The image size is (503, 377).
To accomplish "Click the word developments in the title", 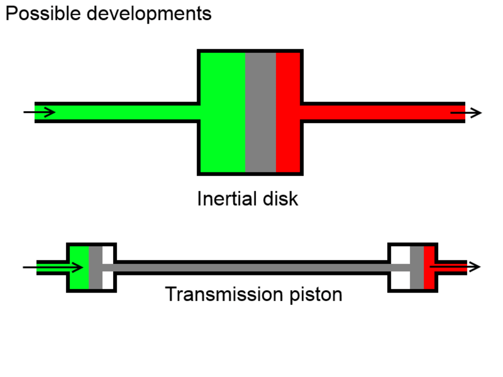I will pos(149,14).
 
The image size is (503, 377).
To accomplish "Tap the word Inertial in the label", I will pos(225,199).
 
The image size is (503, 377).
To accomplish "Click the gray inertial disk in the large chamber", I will pos(261,112).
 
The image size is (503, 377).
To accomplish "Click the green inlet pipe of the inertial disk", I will pos(126,112).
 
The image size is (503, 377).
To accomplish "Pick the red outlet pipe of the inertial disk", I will pos(377,112).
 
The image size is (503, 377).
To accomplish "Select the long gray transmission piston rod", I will pos(251,267).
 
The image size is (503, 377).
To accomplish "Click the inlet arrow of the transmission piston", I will pos(53,267).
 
